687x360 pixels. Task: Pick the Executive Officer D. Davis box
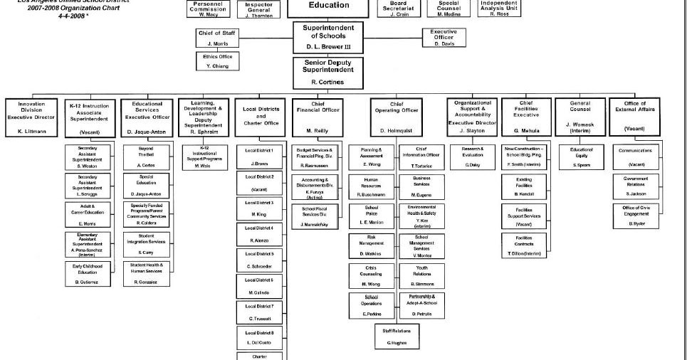[443, 37]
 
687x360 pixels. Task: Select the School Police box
[371, 215]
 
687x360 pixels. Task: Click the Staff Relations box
[396, 336]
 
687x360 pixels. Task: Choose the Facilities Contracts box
[524, 245]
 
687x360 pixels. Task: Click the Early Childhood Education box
[87, 274]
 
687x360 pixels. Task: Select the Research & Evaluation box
[473, 157]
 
